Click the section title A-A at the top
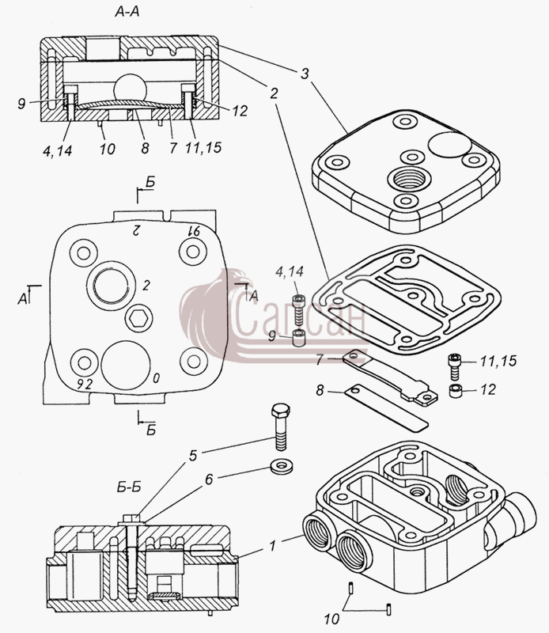tap(127, 12)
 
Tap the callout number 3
tap(305, 74)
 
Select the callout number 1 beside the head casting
tap(272, 546)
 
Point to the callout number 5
tap(193, 456)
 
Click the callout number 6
tap(209, 479)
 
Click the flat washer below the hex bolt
tap(282, 466)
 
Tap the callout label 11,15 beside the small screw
tap(498, 361)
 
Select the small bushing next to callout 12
tap(456, 391)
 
